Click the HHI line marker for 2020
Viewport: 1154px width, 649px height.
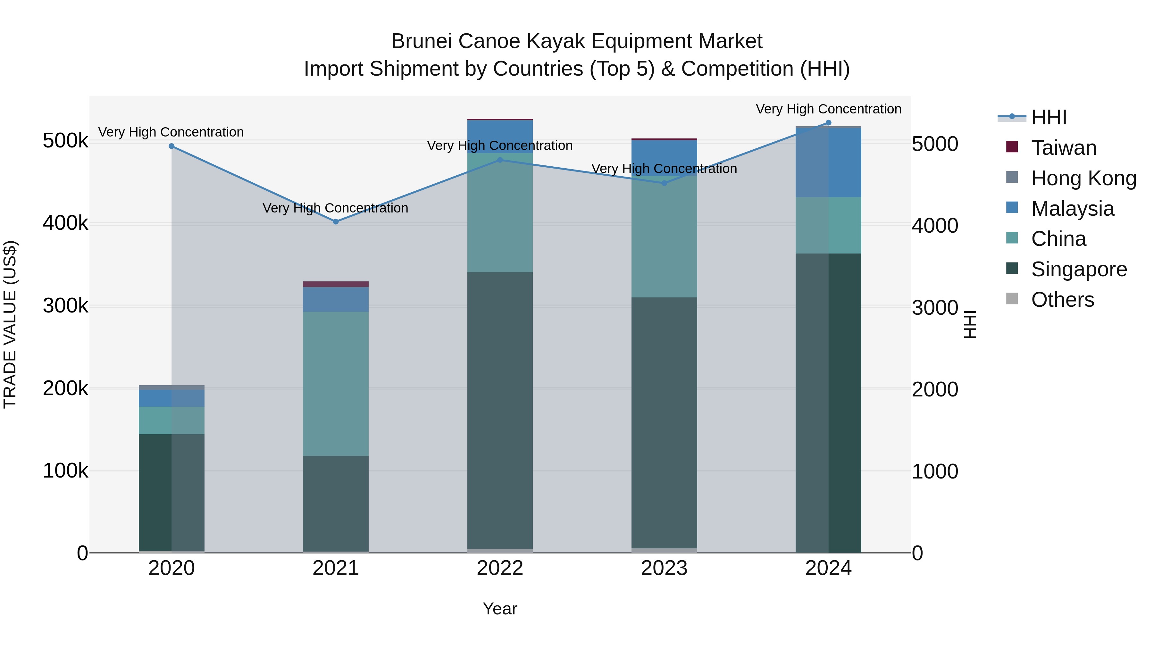point(171,146)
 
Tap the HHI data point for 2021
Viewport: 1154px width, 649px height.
point(336,222)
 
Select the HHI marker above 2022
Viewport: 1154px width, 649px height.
point(500,160)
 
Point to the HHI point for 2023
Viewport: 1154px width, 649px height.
point(665,183)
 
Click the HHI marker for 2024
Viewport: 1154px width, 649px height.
point(828,123)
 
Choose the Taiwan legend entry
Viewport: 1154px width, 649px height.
point(1064,148)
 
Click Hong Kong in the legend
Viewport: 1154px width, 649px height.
point(1083,178)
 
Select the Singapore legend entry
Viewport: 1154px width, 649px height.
point(1079,269)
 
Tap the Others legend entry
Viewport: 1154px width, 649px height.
point(1062,300)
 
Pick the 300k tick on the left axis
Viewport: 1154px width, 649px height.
point(65,306)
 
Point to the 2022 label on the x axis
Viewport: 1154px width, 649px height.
point(500,568)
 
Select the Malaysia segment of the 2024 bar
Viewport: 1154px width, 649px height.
point(828,162)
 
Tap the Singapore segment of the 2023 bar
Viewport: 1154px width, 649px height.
point(665,422)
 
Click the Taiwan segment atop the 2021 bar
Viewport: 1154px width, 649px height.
point(336,284)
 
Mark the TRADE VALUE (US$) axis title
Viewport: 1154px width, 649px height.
point(10,324)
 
